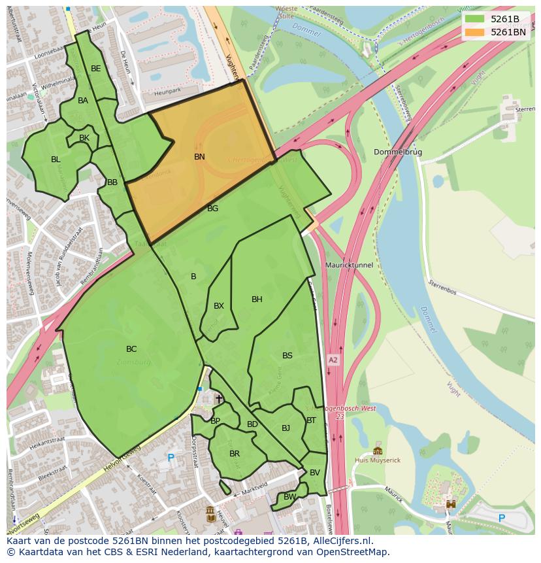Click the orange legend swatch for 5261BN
(x=475, y=31)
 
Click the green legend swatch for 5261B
(x=475, y=19)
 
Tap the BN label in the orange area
(x=199, y=157)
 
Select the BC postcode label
(x=131, y=349)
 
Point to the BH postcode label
(x=257, y=299)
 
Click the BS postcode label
(x=287, y=356)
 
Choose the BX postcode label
(x=219, y=306)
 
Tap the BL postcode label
(x=56, y=160)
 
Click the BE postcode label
(x=96, y=69)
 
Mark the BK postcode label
(x=84, y=138)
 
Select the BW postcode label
(x=289, y=497)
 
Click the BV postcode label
(x=315, y=473)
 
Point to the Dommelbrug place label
(x=398, y=152)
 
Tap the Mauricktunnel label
(x=349, y=265)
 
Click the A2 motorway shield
(x=334, y=360)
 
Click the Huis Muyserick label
(x=378, y=460)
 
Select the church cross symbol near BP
(x=219, y=398)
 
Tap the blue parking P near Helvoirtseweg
(x=171, y=458)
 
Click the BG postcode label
(x=212, y=209)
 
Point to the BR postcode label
(x=235, y=453)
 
